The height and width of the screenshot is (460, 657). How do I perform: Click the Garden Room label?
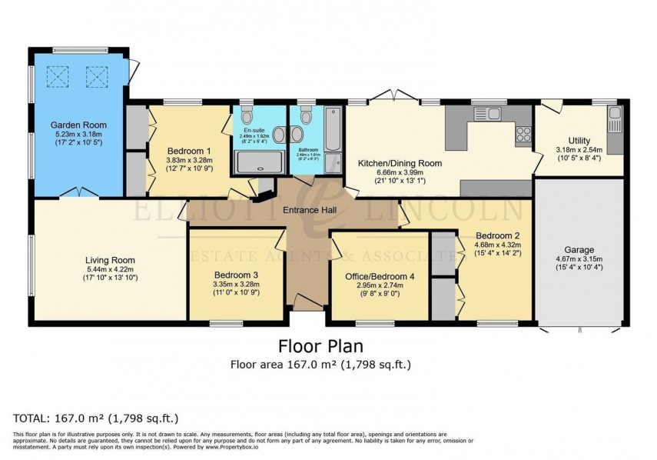pos(78,125)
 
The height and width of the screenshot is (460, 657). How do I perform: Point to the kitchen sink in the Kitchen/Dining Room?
pos(486,115)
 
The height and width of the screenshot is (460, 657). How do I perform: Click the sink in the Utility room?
pos(615,118)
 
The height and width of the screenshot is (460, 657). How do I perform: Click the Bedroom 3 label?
pos(236,275)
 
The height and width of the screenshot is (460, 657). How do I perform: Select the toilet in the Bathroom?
pos(306,116)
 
